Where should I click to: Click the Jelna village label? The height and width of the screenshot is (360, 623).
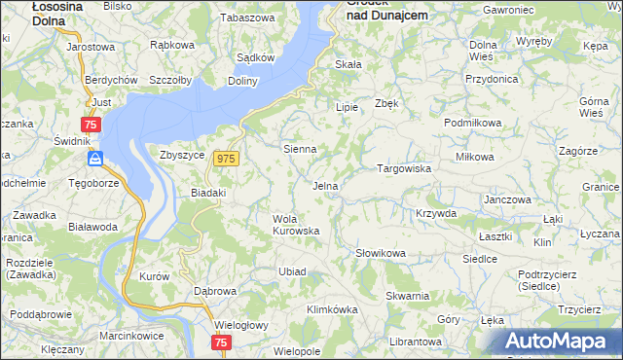325,186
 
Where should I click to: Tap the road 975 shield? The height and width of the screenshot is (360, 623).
227,159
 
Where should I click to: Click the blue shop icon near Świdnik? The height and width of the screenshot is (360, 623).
94,159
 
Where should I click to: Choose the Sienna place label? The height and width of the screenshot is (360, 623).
299,150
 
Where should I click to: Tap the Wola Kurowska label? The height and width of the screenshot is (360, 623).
296,225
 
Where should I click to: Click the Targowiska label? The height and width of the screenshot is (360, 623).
404,168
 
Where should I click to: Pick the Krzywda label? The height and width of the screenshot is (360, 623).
435,212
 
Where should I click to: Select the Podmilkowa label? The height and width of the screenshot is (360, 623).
472,123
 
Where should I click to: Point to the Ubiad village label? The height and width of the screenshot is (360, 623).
293,270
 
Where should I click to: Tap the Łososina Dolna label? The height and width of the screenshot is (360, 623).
34,12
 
